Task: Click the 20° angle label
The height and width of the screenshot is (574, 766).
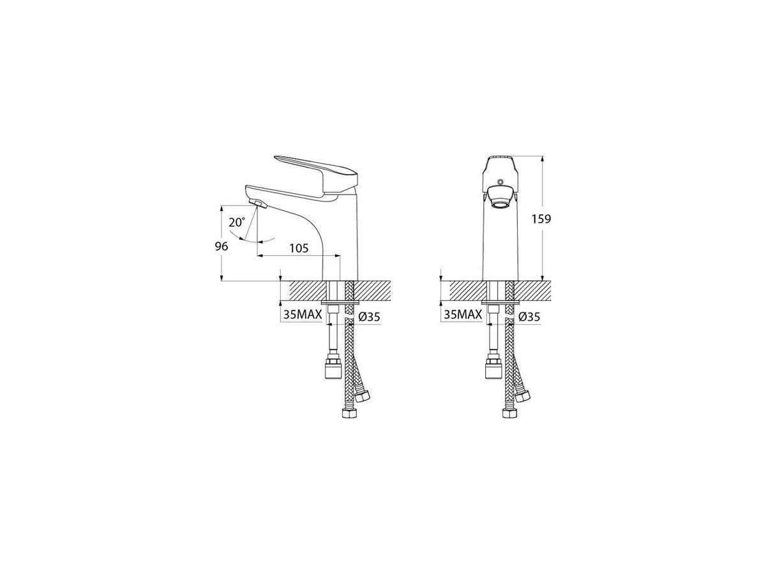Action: click(237, 222)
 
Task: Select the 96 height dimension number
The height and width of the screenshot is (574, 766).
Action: click(222, 246)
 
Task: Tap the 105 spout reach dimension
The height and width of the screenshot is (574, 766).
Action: click(299, 248)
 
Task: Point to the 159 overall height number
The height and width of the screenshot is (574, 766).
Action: click(541, 219)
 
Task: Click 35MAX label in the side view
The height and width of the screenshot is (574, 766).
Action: click(302, 314)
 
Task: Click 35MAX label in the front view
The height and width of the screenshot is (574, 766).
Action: click(462, 314)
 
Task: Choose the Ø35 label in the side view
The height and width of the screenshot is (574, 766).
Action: click(370, 316)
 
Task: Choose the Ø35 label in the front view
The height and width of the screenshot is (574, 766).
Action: click(529, 316)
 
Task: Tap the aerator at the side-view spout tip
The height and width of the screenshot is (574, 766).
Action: click(259, 204)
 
